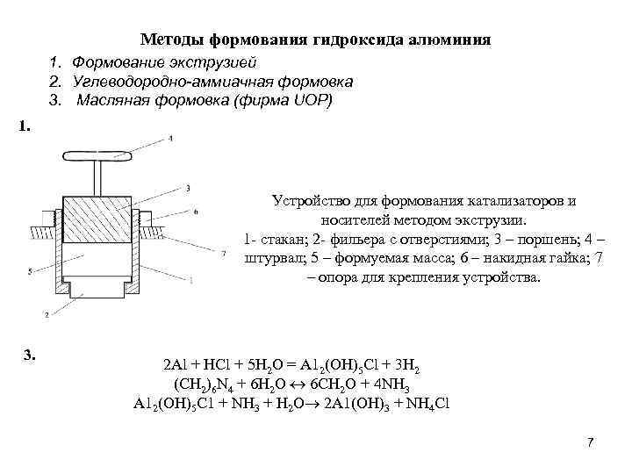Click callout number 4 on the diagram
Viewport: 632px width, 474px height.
[x=170, y=139]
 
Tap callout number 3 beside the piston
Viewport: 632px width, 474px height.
[x=189, y=188]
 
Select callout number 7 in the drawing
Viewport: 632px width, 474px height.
[x=225, y=253]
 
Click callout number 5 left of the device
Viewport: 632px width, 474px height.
[x=30, y=272]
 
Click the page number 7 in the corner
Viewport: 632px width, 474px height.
[x=591, y=442]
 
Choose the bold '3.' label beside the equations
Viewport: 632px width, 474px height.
[x=30, y=355]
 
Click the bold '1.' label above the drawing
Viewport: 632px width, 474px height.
[x=25, y=126]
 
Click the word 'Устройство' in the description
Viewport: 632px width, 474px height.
[x=309, y=201]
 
